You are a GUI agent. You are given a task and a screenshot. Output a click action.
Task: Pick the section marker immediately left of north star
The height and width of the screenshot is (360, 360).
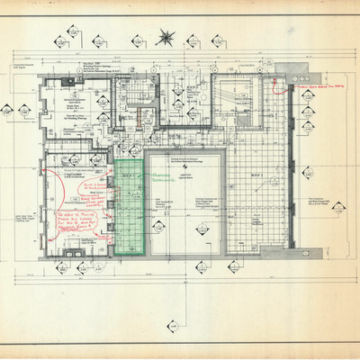(x=137, y=40)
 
